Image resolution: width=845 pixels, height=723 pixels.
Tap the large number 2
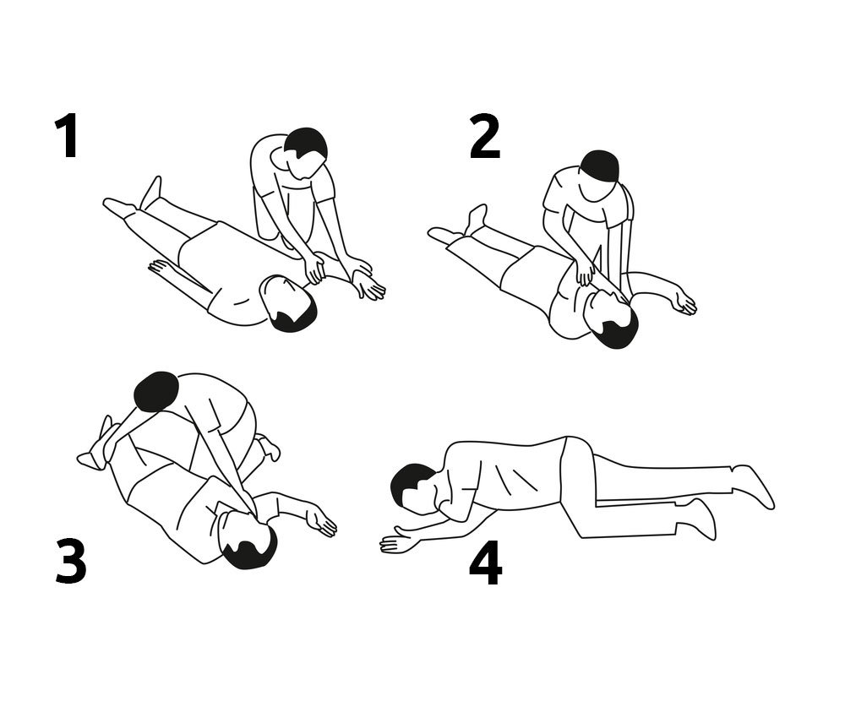484,137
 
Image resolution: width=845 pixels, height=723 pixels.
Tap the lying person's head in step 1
287,302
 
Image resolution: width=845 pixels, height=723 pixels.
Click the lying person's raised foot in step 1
151,193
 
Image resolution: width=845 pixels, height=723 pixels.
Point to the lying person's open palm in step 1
368,285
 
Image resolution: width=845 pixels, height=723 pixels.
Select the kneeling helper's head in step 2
599,167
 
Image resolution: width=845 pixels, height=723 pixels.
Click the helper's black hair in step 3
156,392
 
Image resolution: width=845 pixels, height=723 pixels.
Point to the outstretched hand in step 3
322,522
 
